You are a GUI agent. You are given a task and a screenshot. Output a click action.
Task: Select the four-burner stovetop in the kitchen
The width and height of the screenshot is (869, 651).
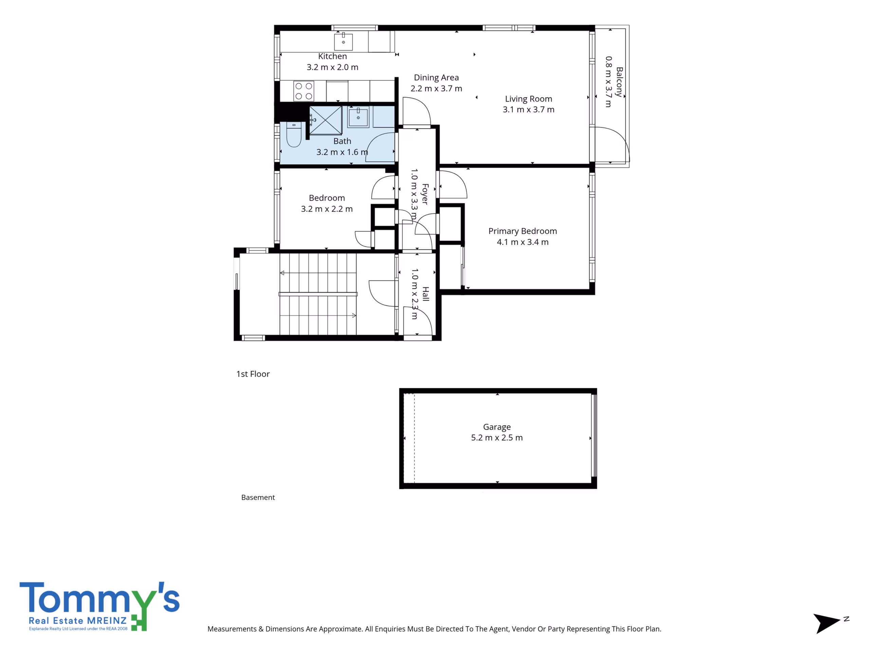click(x=304, y=91)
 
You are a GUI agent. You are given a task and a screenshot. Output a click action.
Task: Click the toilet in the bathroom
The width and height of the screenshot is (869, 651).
click(x=294, y=135)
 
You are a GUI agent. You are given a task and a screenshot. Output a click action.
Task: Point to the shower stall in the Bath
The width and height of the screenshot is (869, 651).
click(x=326, y=120)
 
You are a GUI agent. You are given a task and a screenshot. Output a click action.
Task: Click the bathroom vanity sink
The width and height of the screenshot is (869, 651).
click(x=358, y=117)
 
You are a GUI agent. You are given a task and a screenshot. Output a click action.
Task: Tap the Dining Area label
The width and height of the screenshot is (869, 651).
click(x=436, y=78)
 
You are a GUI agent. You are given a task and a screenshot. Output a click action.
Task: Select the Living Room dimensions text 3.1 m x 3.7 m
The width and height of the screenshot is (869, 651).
click(x=529, y=110)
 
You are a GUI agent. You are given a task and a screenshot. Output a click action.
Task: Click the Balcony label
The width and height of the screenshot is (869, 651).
click(x=619, y=82)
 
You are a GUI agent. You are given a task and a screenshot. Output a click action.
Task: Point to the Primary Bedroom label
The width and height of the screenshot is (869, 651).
click(x=522, y=231)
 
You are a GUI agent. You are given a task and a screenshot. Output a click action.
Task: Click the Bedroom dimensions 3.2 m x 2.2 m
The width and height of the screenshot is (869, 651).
click(x=327, y=209)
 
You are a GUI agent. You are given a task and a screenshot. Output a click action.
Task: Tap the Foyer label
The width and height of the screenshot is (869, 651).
click(x=425, y=194)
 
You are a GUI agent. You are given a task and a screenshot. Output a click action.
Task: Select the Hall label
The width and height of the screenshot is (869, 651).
click(x=425, y=294)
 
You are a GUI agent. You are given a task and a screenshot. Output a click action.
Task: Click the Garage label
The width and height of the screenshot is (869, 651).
click(x=497, y=427)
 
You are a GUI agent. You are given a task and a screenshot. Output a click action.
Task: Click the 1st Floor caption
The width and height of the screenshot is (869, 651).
click(x=253, y=374)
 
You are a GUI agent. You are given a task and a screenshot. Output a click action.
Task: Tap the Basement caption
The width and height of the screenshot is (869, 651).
click(x=258, y=497)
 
